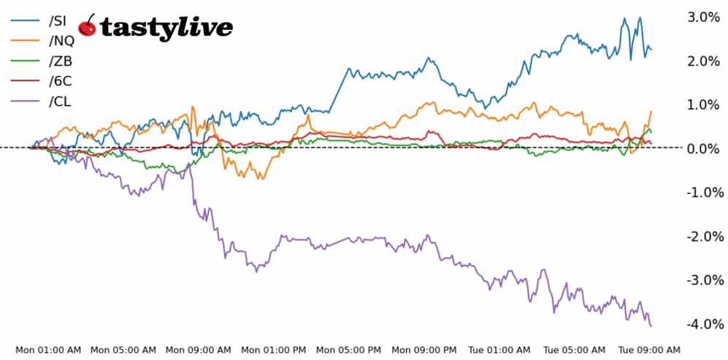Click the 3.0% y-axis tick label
tap(704, 17)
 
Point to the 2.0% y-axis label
tap(704, 61)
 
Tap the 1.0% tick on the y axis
tap(704, 104)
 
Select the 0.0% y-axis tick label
tap(704, 148)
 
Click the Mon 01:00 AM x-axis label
tap(48, 350)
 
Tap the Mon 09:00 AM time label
tap(199, 350)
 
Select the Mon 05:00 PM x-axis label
tap(349, 350)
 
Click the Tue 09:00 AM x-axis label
tap(650, 350)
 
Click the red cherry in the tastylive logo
tap(88, 26)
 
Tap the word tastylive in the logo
tap(166, 28)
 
